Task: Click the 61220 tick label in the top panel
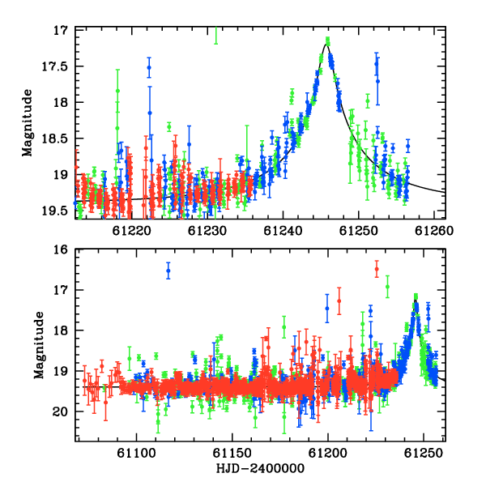pyautogui.click(x=132, y=231)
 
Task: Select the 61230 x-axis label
pyautogui.click(x=207, y=231)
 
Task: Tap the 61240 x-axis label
pyautogui.click(x=283, y=231)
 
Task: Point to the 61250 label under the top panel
pyautogui.click(x=359, y=231)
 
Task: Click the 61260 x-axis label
pyautogui.click(x=434, y=231)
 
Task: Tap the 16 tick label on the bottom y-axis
pyautogui.click(x=61, y=249)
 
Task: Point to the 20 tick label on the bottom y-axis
pyautogui.click(x=61, y=412)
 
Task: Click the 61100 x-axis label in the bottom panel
pyautogui.click(x=136, y=453)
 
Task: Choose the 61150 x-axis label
pyautogui.click(x=232, y=453)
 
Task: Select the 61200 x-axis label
pyautogui.click(x=328, y=453)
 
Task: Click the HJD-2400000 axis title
pyautogui.click(x=260, y=468)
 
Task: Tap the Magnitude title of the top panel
pyautogui.click(x=28, y=123)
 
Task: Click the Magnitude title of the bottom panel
pyautogui.click(x=39, y=345)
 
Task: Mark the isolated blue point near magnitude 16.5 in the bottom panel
pyautogui.click(x=168, y=271)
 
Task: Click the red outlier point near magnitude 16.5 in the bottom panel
pyautogui.click(x=377, y=269)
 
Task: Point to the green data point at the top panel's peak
pyautogui.click(x=327, y=40)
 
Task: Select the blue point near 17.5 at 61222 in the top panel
pyautogui.click(x=149, y=67)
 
